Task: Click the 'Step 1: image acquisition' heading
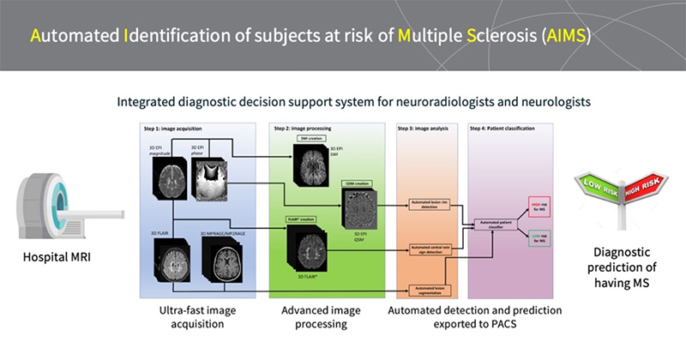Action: pos(171,128)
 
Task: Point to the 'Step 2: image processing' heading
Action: pos(304,128)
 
